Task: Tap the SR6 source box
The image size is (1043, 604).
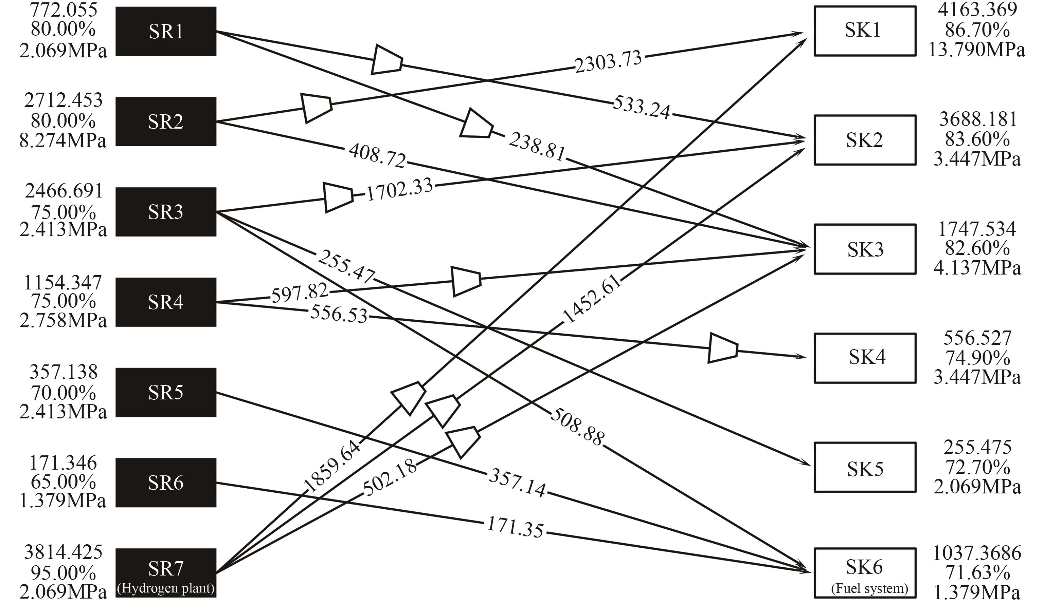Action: click(165, 483)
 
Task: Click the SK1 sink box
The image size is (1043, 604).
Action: click(865, 31)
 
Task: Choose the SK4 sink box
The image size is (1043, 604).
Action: click(865, 358)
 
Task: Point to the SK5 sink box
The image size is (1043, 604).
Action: click(865, 467)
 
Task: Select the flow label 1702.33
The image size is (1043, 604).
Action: click(399, 189)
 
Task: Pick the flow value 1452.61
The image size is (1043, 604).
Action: click(592, 299)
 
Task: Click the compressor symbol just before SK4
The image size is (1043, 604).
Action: click(723, 348)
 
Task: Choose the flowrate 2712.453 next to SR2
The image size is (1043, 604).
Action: click(63, 100)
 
